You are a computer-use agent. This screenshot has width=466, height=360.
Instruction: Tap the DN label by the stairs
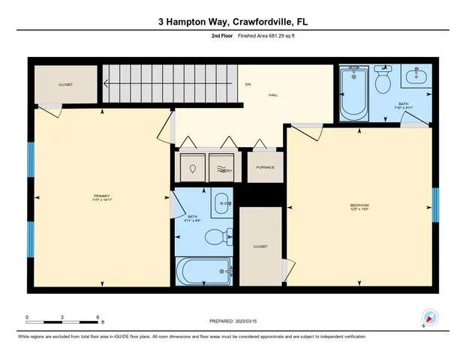(248, 84)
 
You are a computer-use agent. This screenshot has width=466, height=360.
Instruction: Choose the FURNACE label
(265, 167)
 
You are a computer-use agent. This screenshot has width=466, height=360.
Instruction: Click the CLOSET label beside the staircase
(66, 85)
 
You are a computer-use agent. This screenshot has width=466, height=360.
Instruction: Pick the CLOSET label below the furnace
(260, 245)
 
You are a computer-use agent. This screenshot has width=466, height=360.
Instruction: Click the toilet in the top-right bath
(383, 81)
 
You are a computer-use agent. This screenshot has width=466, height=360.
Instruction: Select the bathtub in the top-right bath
(354, 94)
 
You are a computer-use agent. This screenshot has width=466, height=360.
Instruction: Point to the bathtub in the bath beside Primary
(203, 271)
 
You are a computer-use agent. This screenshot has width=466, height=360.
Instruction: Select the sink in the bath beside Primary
(221, 200)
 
